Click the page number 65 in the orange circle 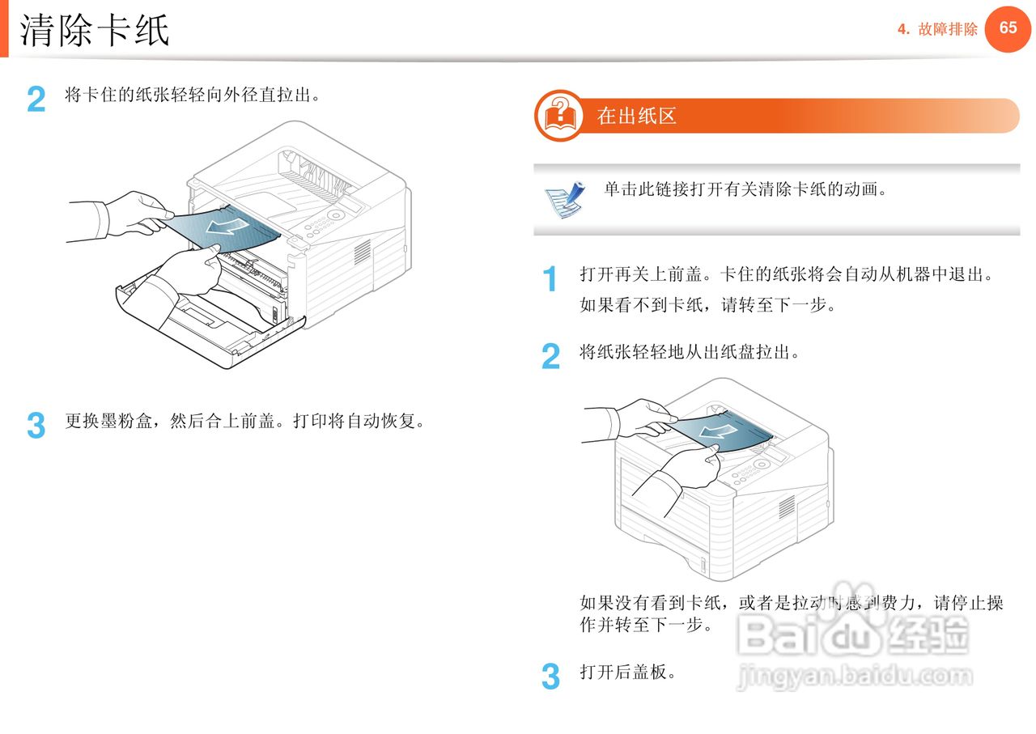pos(1008,28)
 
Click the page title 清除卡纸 pos(95,31)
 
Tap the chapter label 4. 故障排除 pos(937,30)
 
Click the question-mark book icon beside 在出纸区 pos(559,116)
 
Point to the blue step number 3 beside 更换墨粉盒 pos(36,426)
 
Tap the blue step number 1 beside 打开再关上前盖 pos(550,280)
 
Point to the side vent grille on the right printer pos(786,507)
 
